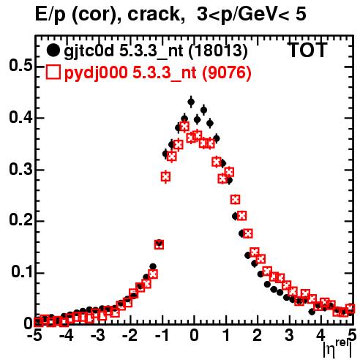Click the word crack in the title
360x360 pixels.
click(154, 14)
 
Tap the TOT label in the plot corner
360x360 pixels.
click(307, 50)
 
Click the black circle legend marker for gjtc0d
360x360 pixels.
click(53, 50)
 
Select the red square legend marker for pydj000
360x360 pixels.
click(53, 72)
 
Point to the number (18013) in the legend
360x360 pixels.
click(219, 50)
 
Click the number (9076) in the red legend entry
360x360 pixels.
click(227, 72)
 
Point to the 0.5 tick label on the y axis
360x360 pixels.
click(20, 66)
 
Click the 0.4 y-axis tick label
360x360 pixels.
click(20, 118)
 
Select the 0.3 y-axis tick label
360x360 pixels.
click(20, 170)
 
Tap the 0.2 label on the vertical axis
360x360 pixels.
click(20, 221)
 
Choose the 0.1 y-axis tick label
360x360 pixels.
click(22, 272)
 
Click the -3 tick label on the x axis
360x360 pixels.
click(98, 336)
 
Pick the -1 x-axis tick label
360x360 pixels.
click(162, 336)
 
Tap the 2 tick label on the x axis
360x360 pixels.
click(257, 336)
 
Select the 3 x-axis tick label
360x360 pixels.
click(289, 336)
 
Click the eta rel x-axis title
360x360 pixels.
click(338, 349)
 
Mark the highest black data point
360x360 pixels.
click(191, 102)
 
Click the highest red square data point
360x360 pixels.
click(184, 127)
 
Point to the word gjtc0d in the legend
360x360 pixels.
click(89, 51)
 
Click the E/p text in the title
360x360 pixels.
click(50, 15)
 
